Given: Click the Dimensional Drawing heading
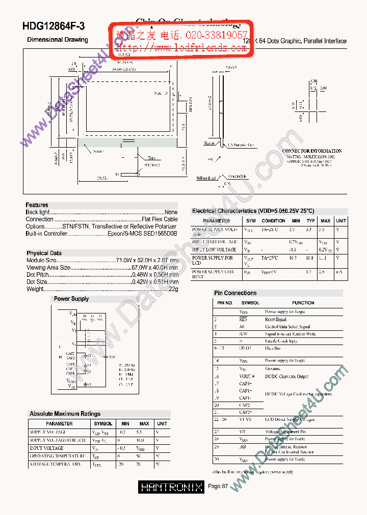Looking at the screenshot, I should click(x=57, y=40).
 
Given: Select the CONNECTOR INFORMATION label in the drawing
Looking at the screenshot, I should click(x=312, y=151).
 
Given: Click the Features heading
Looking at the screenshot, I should click(x=37, y=205).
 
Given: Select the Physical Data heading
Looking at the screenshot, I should click(x=44, y=253).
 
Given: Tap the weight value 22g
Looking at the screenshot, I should click(x=173, y=289).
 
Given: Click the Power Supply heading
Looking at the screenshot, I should click(x=71, y=299).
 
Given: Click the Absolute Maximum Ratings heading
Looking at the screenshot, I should click(x=65, y=414).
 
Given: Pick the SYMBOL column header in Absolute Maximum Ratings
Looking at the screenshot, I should click(x=103, y=423).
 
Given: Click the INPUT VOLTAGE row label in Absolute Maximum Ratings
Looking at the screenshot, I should click(x=46, y=448).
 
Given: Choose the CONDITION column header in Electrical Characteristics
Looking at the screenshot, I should click(x=273, y=221).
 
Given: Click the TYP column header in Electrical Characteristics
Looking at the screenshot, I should click(x=310, y=221).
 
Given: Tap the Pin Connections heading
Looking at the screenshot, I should click(x=235, y=293).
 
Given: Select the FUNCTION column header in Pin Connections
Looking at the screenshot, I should click(x=303, y=303).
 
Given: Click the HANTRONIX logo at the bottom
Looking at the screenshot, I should click(x=171, y=487).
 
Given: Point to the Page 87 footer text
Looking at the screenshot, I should click(x=218, y=487).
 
